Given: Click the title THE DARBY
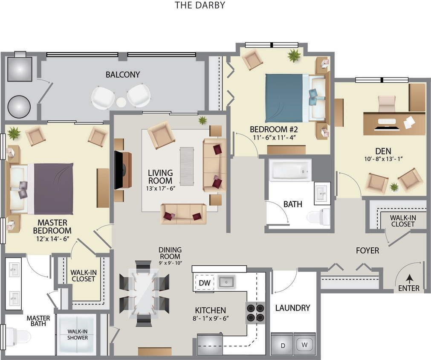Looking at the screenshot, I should (x=200, y=6).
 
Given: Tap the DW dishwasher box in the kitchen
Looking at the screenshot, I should (x=204, y=282).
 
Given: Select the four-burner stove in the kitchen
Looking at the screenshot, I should (x=255, y=312).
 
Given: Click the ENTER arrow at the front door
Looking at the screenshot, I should (x=409, y=279).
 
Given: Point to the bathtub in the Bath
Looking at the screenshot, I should (x=290, y=170).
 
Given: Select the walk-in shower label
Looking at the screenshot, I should (x=77, y=334).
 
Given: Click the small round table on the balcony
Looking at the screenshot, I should (x=121, y=102).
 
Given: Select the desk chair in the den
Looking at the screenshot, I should (x=387, y=103).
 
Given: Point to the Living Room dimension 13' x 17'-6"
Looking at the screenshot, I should (x=160, y=188).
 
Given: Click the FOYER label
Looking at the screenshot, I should (x=367, y=251).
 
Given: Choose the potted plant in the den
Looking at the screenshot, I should (x=394, y=187).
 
